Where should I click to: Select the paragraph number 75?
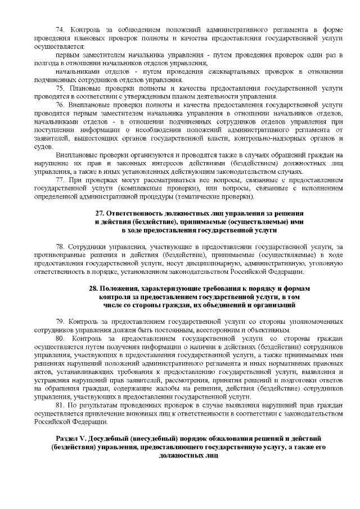point(59,88)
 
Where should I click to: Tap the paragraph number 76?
point(59,105)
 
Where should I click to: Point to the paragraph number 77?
point(59,180)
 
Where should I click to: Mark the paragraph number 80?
point(60,339)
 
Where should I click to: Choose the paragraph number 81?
point(59,406)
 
